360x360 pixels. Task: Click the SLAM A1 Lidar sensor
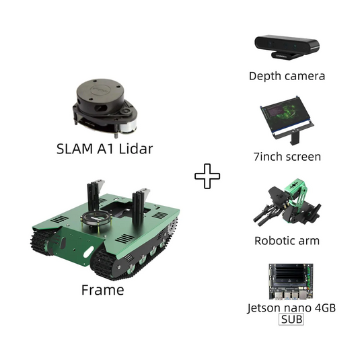pyautogui.click(x=105, y=108)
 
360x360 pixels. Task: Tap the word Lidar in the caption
pyautogui.click(x=136, y=149)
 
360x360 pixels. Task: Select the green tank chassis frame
pyautogui.click(x=105, y=229)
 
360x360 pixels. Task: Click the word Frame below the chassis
pyautogui.click(x=103, y=290)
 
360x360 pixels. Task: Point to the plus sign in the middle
pyautogui.click(x=207, y=176)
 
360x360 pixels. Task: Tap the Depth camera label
pyautogui.click(x=287, y=76)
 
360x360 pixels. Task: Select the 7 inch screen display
pyautogui.click(x=287, y=120)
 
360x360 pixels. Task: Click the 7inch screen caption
pyautogui.click(x=287, y=157)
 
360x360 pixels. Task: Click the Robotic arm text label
pyautogui.click(x=287, y=241)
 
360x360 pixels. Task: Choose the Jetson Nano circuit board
pyautogui.click(x=291, y=281)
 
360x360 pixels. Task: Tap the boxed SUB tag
pyautogui.click(x=291, y=319)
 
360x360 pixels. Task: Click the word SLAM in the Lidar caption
pyautogui.click(x=75, y=149)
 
